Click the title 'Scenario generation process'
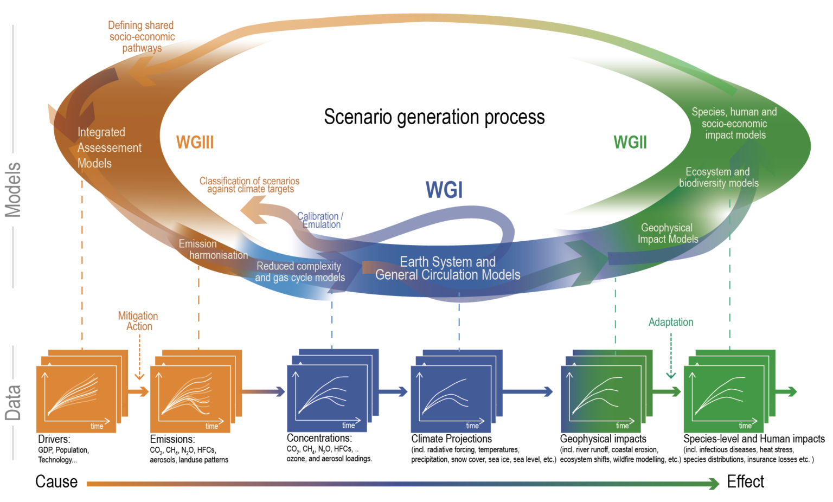click(x=434, y=117)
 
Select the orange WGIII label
click(x=195, y=143)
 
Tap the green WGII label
click(x=630, y=143)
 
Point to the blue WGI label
click(x=444, y=190)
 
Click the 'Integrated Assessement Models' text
click(x=108, y=147)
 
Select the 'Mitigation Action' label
click(x=138, y=321)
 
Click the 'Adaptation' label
click(x=670, y=322)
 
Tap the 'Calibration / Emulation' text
click(x=321, y=220)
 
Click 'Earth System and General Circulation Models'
click(x=447, y=268)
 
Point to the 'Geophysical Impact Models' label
click(x=667, y=234)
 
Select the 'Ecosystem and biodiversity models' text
click(x=718, y=178)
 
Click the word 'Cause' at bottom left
click(x=56, y=481)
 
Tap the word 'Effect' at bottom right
click(x=745, y=481)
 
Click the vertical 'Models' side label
click(x=13, y=190)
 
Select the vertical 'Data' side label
click(x=13, y=403)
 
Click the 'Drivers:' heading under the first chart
click(x=54, y=439)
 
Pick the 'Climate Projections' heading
click(x=451, y=439)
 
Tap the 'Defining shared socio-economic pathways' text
click(x=142, y=36)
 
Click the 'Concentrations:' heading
click(x=319, y=438)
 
